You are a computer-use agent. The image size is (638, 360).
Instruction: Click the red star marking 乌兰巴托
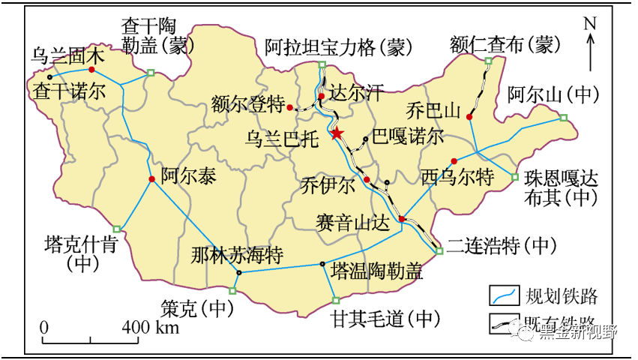[x=337, y=133]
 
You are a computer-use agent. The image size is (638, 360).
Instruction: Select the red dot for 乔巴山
[x=469, y=117]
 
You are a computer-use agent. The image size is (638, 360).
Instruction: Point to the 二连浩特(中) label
[x=503, y=245]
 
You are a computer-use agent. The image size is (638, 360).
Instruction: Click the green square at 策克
[x=232, y=291]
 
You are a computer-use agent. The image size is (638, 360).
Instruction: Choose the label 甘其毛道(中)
[x=384, y=318]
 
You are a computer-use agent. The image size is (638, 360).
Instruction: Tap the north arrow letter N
[x=590, y=23]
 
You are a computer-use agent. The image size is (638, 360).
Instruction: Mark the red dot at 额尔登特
[x=290, y=108]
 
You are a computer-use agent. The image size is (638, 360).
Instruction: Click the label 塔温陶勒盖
[x=376, y=271]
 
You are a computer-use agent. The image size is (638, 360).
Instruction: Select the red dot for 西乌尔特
[x=454, y=161]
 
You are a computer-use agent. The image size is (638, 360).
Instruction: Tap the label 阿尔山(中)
[x=553, y=95]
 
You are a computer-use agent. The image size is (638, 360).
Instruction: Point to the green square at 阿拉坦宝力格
[x=322, y=65]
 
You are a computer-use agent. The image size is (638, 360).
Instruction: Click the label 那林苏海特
[x=236, y=254]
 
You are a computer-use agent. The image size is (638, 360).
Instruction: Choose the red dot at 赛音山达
[x=402, y=219]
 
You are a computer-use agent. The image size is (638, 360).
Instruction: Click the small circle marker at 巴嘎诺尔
[x=365, y=139]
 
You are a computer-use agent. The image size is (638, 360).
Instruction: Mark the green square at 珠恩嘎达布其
[x=514, y=177]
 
